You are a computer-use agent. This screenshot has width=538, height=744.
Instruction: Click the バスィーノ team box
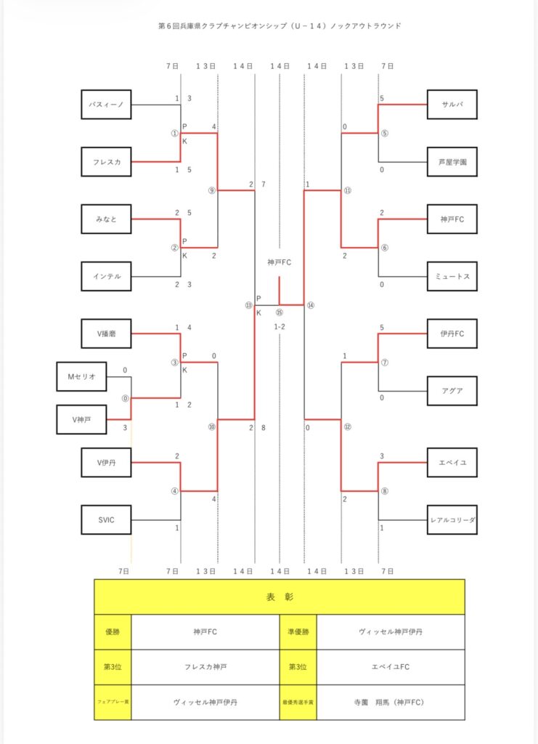[106, 105]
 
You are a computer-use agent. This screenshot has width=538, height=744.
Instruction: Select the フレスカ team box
[106, 161]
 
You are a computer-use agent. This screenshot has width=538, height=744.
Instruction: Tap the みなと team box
[106, 219]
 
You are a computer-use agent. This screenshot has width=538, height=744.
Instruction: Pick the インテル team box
[106, 276]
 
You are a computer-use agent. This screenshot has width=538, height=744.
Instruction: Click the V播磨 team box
[106, 333]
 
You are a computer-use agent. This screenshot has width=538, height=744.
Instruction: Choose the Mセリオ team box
[81, 376]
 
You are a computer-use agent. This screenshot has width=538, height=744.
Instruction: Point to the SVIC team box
[106, 519]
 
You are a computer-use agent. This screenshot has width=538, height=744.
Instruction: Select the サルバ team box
[452, 105]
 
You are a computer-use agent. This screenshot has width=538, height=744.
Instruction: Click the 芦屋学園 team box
[452, 161]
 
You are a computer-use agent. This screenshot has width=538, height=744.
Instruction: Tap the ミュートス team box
[452, 276]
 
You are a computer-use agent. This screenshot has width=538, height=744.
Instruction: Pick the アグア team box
[452, 391]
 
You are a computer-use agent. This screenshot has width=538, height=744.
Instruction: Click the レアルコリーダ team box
[452, 519]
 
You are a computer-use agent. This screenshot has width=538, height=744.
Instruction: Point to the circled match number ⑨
[211, 191]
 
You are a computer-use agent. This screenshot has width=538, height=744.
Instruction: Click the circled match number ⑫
[348, 427]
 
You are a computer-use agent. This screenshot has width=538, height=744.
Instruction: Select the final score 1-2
[280, 327]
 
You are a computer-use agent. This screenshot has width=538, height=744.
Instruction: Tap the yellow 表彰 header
[280, 597]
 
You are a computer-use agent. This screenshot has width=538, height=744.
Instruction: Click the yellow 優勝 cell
[113, 631]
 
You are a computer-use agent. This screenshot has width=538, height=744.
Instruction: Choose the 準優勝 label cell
[298, 631]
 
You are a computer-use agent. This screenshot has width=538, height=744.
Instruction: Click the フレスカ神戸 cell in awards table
[205, 666]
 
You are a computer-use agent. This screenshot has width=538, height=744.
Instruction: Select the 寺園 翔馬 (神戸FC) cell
[391, 702]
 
